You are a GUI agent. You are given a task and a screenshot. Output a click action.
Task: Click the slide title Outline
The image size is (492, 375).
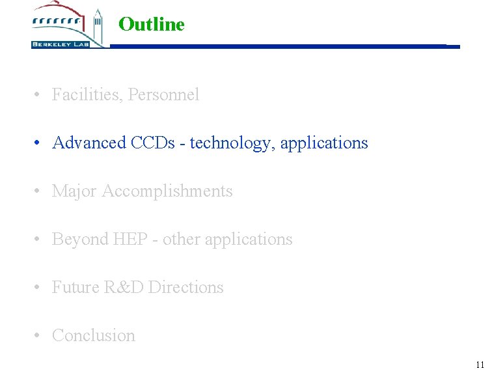pyautogui.click(x=152, y=25)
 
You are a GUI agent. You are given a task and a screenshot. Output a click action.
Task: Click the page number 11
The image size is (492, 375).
pyautogui.click(x=480, y=365)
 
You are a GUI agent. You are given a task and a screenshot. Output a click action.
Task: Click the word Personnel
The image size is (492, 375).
pyautogui.click(x=164, y=95)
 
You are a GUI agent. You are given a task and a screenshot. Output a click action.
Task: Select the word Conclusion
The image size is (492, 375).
pyautogui.click(x=94, y=336)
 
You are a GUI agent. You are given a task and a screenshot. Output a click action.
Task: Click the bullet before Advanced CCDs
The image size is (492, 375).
pyautogui.click(x=40, y=143)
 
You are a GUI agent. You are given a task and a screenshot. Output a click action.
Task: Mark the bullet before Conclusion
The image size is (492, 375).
pyautogui.click(x=40, y=336)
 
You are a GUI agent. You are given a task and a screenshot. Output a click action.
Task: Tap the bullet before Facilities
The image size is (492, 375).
pyautogui.click(x=40, y=95)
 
